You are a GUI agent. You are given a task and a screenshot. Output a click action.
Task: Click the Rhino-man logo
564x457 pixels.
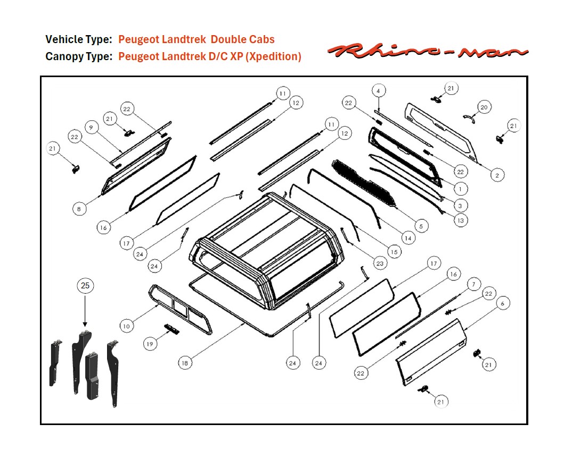coord(428,51)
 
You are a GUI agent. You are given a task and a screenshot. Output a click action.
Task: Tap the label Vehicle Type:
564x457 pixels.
coord(79,39)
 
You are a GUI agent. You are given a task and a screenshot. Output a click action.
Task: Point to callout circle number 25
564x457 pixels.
coord(85,286)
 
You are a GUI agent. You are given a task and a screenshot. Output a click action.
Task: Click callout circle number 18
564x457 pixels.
coord(185,363)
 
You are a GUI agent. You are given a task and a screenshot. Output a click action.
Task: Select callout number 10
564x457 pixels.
coord(126,326)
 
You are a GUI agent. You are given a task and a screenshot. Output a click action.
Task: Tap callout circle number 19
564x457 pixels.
coord(150,344)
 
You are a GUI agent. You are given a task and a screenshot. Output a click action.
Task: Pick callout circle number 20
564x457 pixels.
coord(484,107)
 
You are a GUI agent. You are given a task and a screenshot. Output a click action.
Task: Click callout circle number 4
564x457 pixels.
coord(378,90)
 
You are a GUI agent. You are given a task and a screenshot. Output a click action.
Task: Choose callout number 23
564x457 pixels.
coord(379,263)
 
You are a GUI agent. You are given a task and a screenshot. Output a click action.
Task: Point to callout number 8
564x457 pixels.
coord(79,209)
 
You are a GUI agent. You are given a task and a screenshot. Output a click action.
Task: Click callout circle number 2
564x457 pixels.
coord(496,175)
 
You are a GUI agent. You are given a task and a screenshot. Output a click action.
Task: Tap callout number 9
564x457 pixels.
coord(91,128)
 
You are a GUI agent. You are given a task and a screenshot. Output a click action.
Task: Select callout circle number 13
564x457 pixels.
coord(461,220)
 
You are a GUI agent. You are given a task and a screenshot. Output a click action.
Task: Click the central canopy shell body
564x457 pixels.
coord(266,239)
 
